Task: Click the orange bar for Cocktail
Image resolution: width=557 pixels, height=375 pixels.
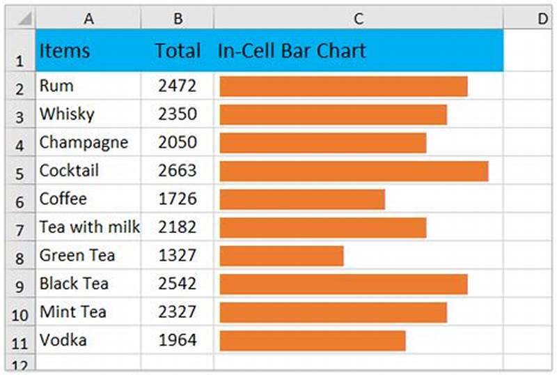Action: pos(354,171)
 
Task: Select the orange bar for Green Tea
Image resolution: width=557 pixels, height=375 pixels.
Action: pos(281,256)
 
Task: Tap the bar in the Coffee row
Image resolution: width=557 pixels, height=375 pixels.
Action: pos(302,199)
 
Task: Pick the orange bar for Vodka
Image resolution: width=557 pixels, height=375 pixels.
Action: pos(313,341)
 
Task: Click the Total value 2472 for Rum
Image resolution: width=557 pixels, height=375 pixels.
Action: pos(177,86)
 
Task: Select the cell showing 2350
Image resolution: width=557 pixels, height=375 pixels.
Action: pos(177,114)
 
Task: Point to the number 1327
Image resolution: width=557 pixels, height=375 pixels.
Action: pos(177,256)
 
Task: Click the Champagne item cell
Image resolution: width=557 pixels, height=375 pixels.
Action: pos(84,143)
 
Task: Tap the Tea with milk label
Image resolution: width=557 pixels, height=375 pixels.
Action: pos(89,227)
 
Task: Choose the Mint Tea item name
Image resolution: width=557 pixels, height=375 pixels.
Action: pos(72,312)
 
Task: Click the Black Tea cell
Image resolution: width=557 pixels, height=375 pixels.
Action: pos(74,284)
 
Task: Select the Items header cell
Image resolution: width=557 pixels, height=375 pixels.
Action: pos(64,51)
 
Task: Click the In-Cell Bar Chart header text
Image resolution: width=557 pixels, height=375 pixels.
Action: pos(292,51)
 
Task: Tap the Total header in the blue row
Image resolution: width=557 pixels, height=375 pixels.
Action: pos(178,51)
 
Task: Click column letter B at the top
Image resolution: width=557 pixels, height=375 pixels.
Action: pos(178,19)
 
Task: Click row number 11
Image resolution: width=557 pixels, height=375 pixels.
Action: pos(19,342)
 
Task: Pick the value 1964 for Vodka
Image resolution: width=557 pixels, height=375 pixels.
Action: pos(177,341)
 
